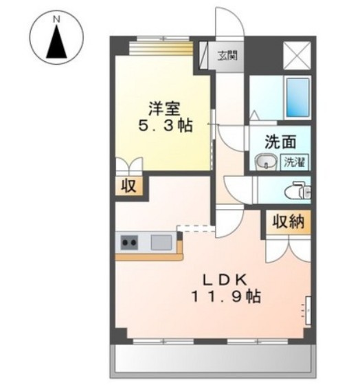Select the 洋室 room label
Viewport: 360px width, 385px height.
pos(164,108)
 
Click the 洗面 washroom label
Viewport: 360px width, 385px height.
pos(281,142)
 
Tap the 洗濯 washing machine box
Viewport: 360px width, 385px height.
pos(296,162)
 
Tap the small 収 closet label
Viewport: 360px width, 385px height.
pos(128,186)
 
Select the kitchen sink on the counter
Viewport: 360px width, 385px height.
pos(161,242)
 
